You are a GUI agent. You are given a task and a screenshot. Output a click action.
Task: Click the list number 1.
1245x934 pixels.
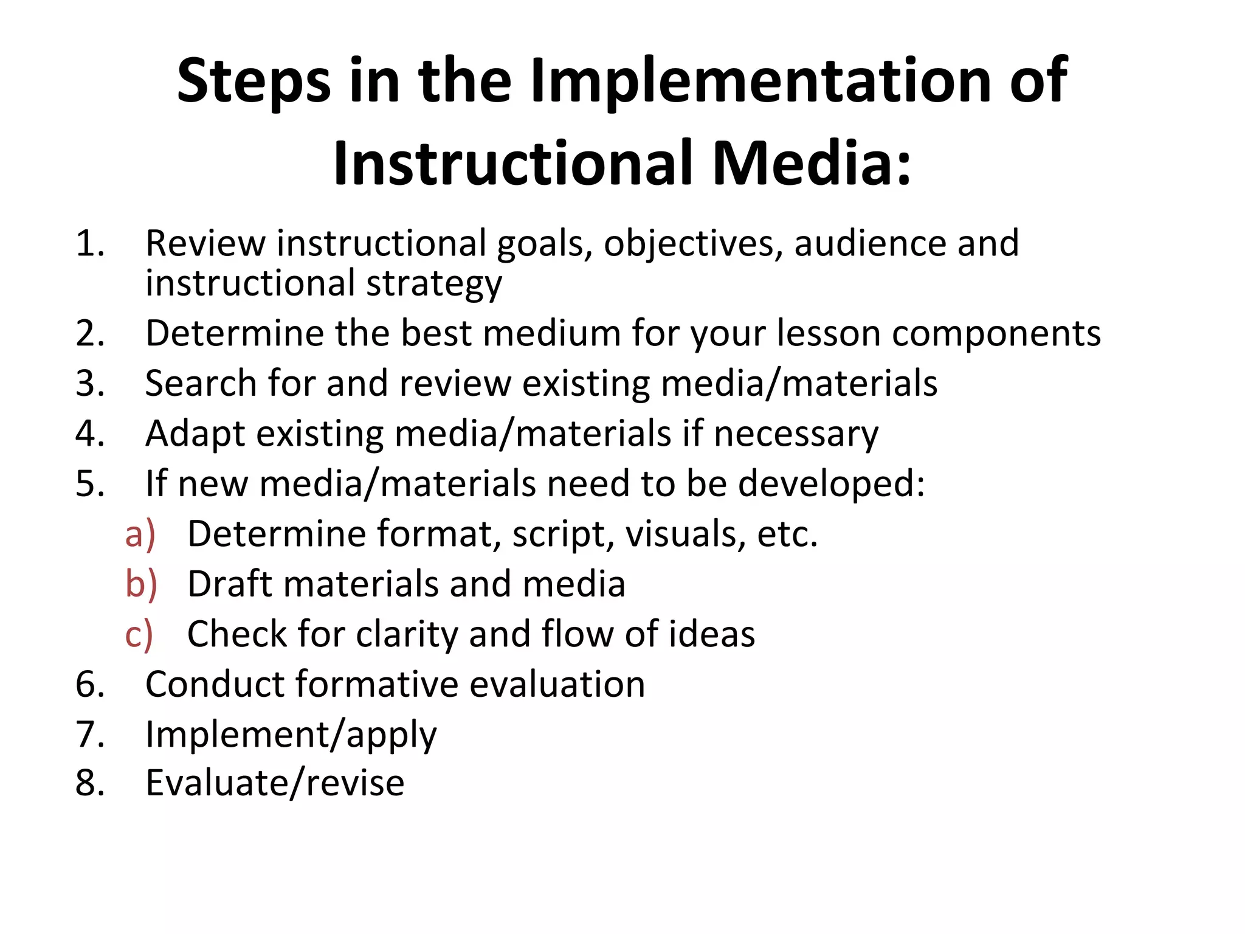coord(89,243)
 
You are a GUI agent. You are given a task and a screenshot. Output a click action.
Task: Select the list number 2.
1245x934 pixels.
coord(90,333)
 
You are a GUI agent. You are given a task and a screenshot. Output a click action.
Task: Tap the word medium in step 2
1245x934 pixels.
coord(552,333)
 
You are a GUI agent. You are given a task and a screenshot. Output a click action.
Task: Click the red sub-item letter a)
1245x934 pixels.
coord(140,534)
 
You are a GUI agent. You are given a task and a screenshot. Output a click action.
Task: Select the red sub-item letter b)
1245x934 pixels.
coord(141,584)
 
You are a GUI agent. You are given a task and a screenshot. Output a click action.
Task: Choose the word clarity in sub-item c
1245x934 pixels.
coord(407,635)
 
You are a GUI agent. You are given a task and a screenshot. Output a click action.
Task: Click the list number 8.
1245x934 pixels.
coord(90,783)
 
